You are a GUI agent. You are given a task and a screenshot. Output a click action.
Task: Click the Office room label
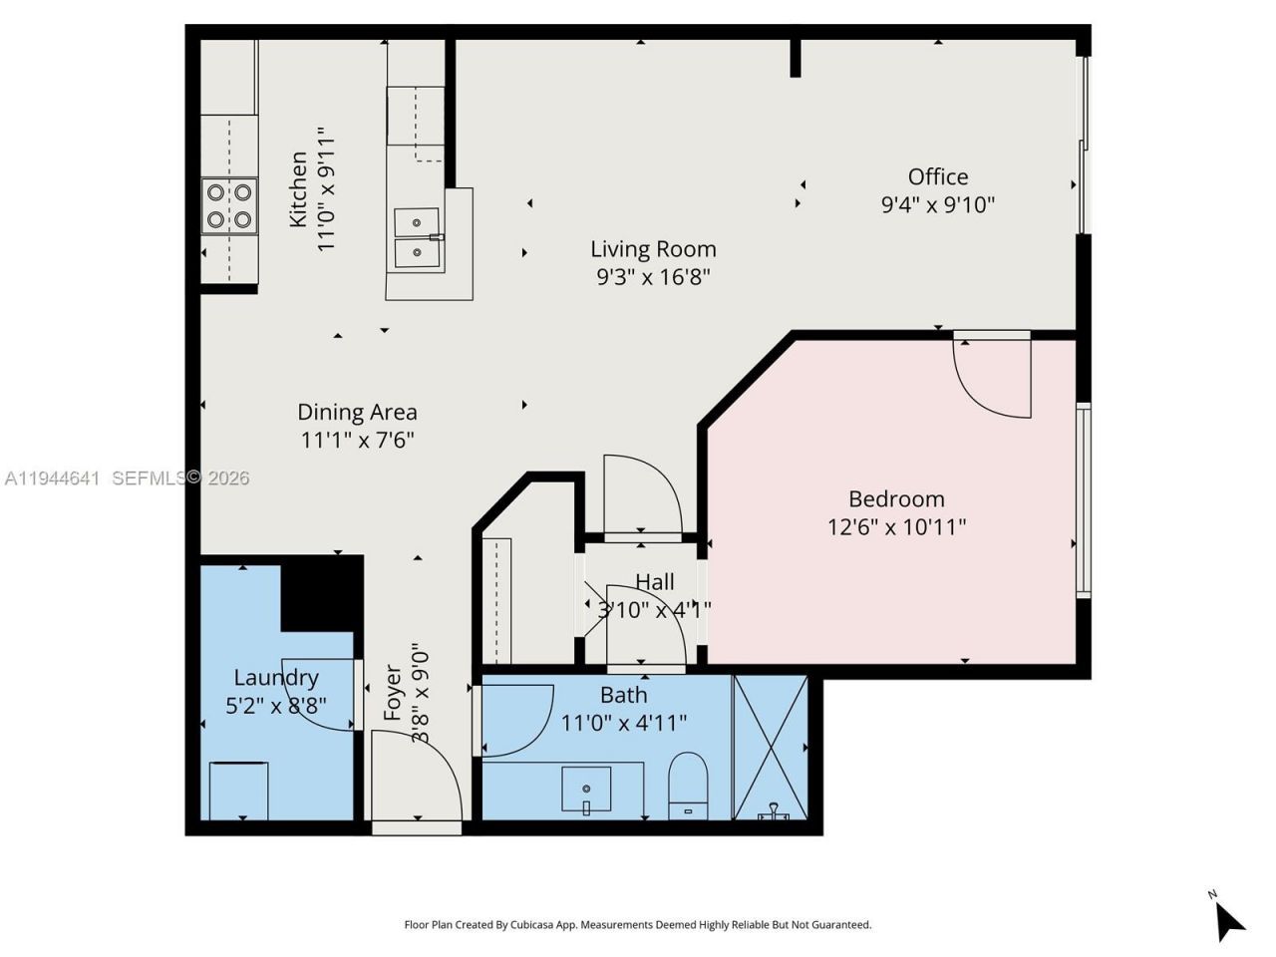click(x=937, y=176)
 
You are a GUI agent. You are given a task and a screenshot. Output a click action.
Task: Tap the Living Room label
click(x=653, y=249)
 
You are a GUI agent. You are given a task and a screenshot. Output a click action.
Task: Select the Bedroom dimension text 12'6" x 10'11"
click(x=896, y=526)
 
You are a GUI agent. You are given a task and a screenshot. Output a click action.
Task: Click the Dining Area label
click(x=357, y=412)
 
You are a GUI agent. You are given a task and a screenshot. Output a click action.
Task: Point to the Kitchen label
click(x=298, y=189)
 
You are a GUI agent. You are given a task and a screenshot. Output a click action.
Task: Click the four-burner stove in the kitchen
click(x=229, y=206)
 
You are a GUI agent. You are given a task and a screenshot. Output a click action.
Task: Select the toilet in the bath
click(x=687, y=782)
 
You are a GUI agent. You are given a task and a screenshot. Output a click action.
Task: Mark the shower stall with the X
click(x=770, y=747)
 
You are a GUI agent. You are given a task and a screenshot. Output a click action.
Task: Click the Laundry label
click(x=276, y=678)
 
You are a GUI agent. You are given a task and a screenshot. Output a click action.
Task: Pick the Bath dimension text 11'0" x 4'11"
click(x=624, y=723)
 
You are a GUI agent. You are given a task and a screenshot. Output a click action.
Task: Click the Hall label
click(x=655, y=582)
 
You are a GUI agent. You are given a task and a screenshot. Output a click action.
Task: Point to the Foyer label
click(x=394, y=693)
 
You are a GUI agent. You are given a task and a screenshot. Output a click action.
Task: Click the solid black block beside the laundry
click(x=321, y=594)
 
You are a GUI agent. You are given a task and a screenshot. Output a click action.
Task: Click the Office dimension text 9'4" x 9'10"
click(x=937, y=204)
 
